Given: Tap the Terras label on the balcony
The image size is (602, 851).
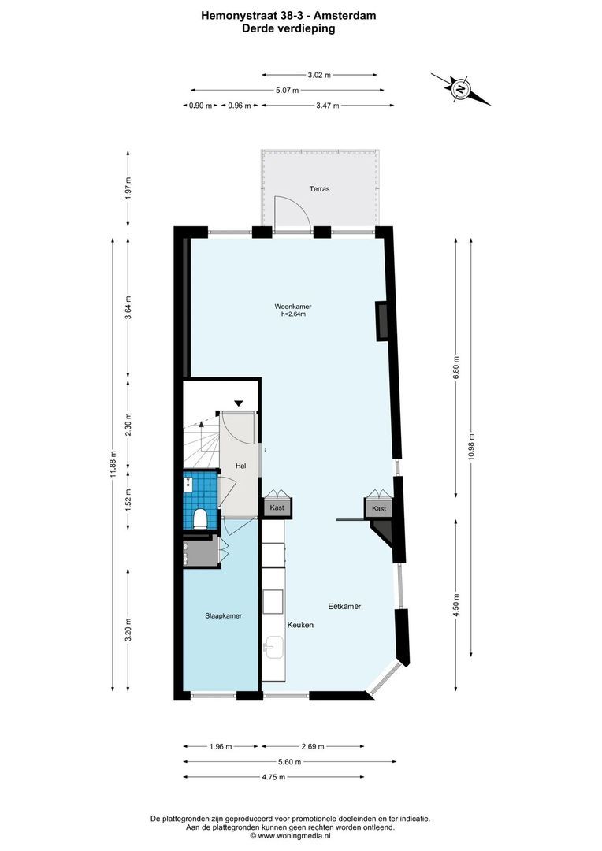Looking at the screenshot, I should pos(319,189).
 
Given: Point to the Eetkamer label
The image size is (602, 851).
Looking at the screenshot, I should pos(344,606).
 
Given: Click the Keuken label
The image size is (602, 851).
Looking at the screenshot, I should pos(299,625).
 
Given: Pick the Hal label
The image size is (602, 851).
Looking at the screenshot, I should pos(241,466).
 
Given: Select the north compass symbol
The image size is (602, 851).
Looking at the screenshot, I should pos(460,88).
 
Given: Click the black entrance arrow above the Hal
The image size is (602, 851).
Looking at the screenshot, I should pos(239,403).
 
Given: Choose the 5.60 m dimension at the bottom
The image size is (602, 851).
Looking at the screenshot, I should pos(290,761).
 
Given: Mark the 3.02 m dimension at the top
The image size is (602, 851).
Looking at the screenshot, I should pos(319,75).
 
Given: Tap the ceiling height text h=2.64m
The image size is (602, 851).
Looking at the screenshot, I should pos(293,314).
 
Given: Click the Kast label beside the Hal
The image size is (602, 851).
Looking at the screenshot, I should pos(277,509).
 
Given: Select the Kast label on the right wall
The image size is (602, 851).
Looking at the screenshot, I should pos(379,509).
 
